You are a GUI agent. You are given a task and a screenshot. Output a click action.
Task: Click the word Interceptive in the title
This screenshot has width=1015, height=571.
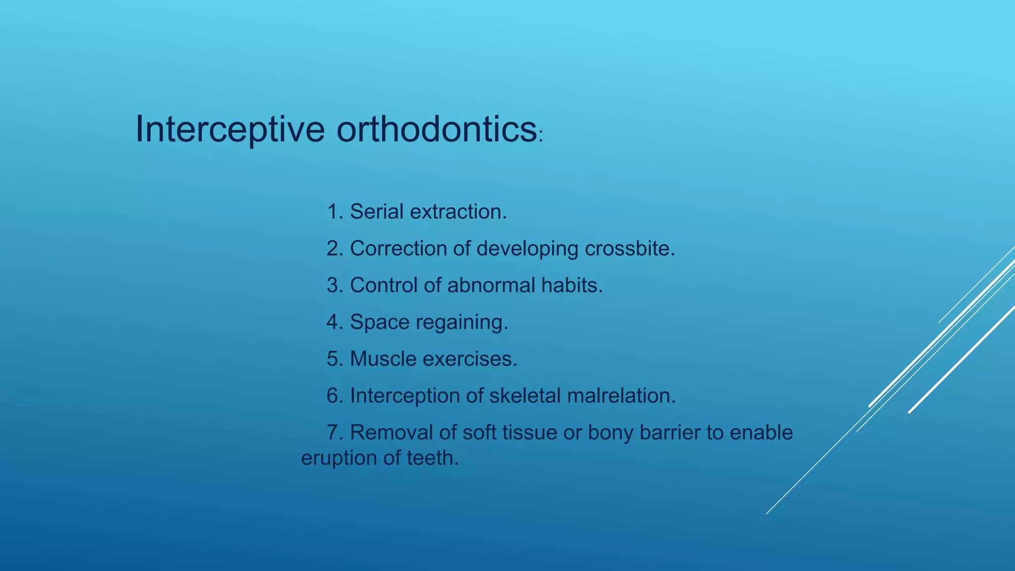(229, 129)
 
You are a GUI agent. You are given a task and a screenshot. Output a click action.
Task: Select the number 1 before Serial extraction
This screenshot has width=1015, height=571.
(333, 212)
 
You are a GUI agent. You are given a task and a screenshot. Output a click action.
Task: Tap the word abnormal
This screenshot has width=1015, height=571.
(491, 285)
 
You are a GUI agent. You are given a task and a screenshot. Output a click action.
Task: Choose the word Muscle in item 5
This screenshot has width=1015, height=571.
(383, 359)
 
